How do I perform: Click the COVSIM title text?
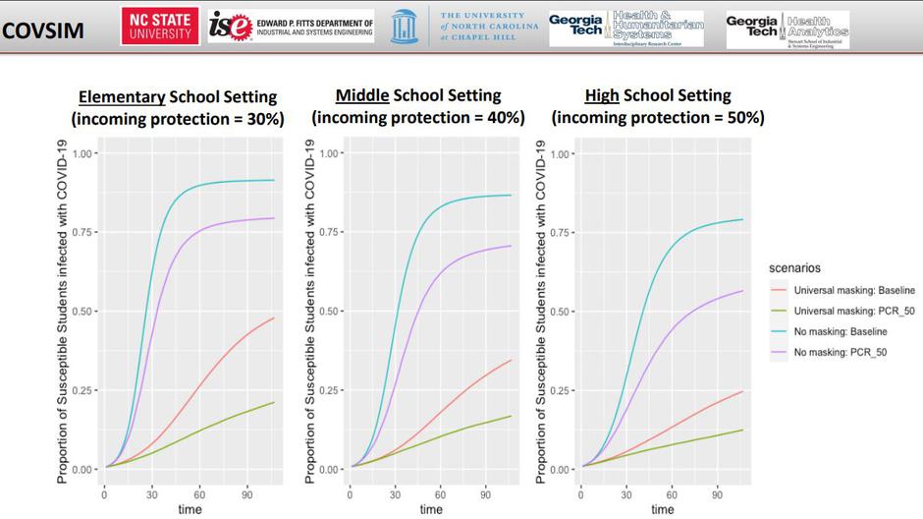(43, 30)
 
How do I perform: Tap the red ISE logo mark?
(231, 28)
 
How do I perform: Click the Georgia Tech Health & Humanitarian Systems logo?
(625, 29)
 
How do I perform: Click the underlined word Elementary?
(122, 96)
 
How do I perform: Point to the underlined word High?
(601, 95)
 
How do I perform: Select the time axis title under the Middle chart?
(430, 509)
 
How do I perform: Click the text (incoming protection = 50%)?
(658, 118)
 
